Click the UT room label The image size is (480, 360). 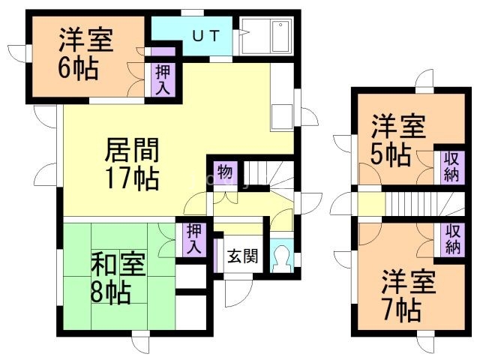(x=206, y=36)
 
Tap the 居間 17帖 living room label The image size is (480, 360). (x=132, y=163)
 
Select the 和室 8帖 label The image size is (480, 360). (x=118, y=277)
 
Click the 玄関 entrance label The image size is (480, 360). (x=243, y=256)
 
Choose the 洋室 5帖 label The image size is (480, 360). (x=398, y=139)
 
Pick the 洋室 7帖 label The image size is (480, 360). (x=408, y=295)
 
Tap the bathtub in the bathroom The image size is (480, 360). (x=280, y=37)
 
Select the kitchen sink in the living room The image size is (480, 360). (x=281, y=116)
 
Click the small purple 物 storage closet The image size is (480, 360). (x=225, y=173)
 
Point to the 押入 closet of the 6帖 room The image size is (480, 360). (x=163, y=79)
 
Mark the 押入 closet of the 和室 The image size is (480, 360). (x=194, y=239)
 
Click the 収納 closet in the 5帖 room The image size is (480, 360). (x=452, y=167)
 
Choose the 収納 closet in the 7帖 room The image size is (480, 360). (x=452, y=239)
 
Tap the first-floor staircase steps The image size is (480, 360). (x=268, y=177)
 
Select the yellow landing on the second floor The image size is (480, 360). (x=371, y=203)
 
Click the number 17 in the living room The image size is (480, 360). (x=118, y=178)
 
